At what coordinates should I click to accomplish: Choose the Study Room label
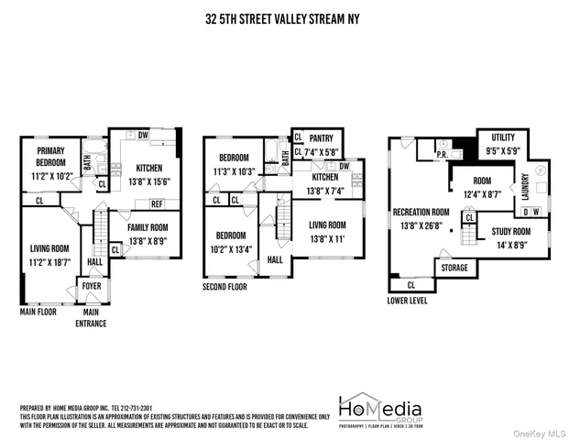tap(511, 232)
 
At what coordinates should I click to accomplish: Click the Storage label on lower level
tap(454, 268)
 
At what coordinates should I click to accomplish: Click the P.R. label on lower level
tap(441, 155)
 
